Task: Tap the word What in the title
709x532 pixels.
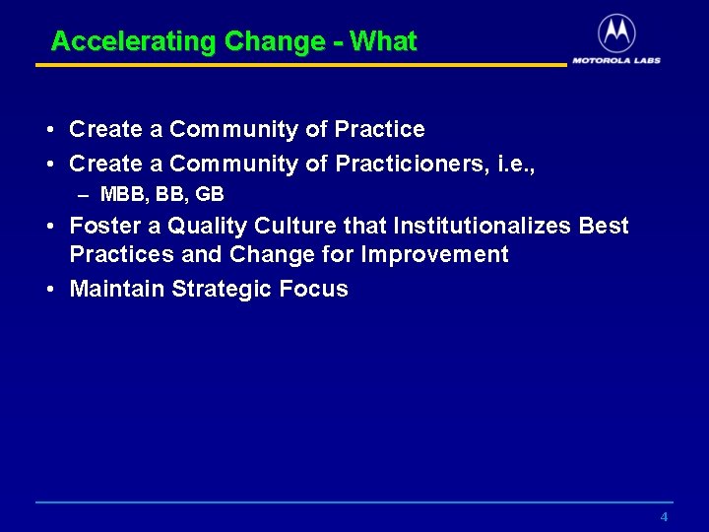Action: (x=383, y=42)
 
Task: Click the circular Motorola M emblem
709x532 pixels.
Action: (x=616, y=33)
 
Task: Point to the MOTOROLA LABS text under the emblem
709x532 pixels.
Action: (x=616, y=60)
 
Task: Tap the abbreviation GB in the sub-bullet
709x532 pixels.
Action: (x=210, y=194)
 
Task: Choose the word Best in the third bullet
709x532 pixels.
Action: (x=604, y=227)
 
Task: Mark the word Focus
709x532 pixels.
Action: (x=314, y=289)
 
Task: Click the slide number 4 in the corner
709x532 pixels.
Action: (x=664, y=517)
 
